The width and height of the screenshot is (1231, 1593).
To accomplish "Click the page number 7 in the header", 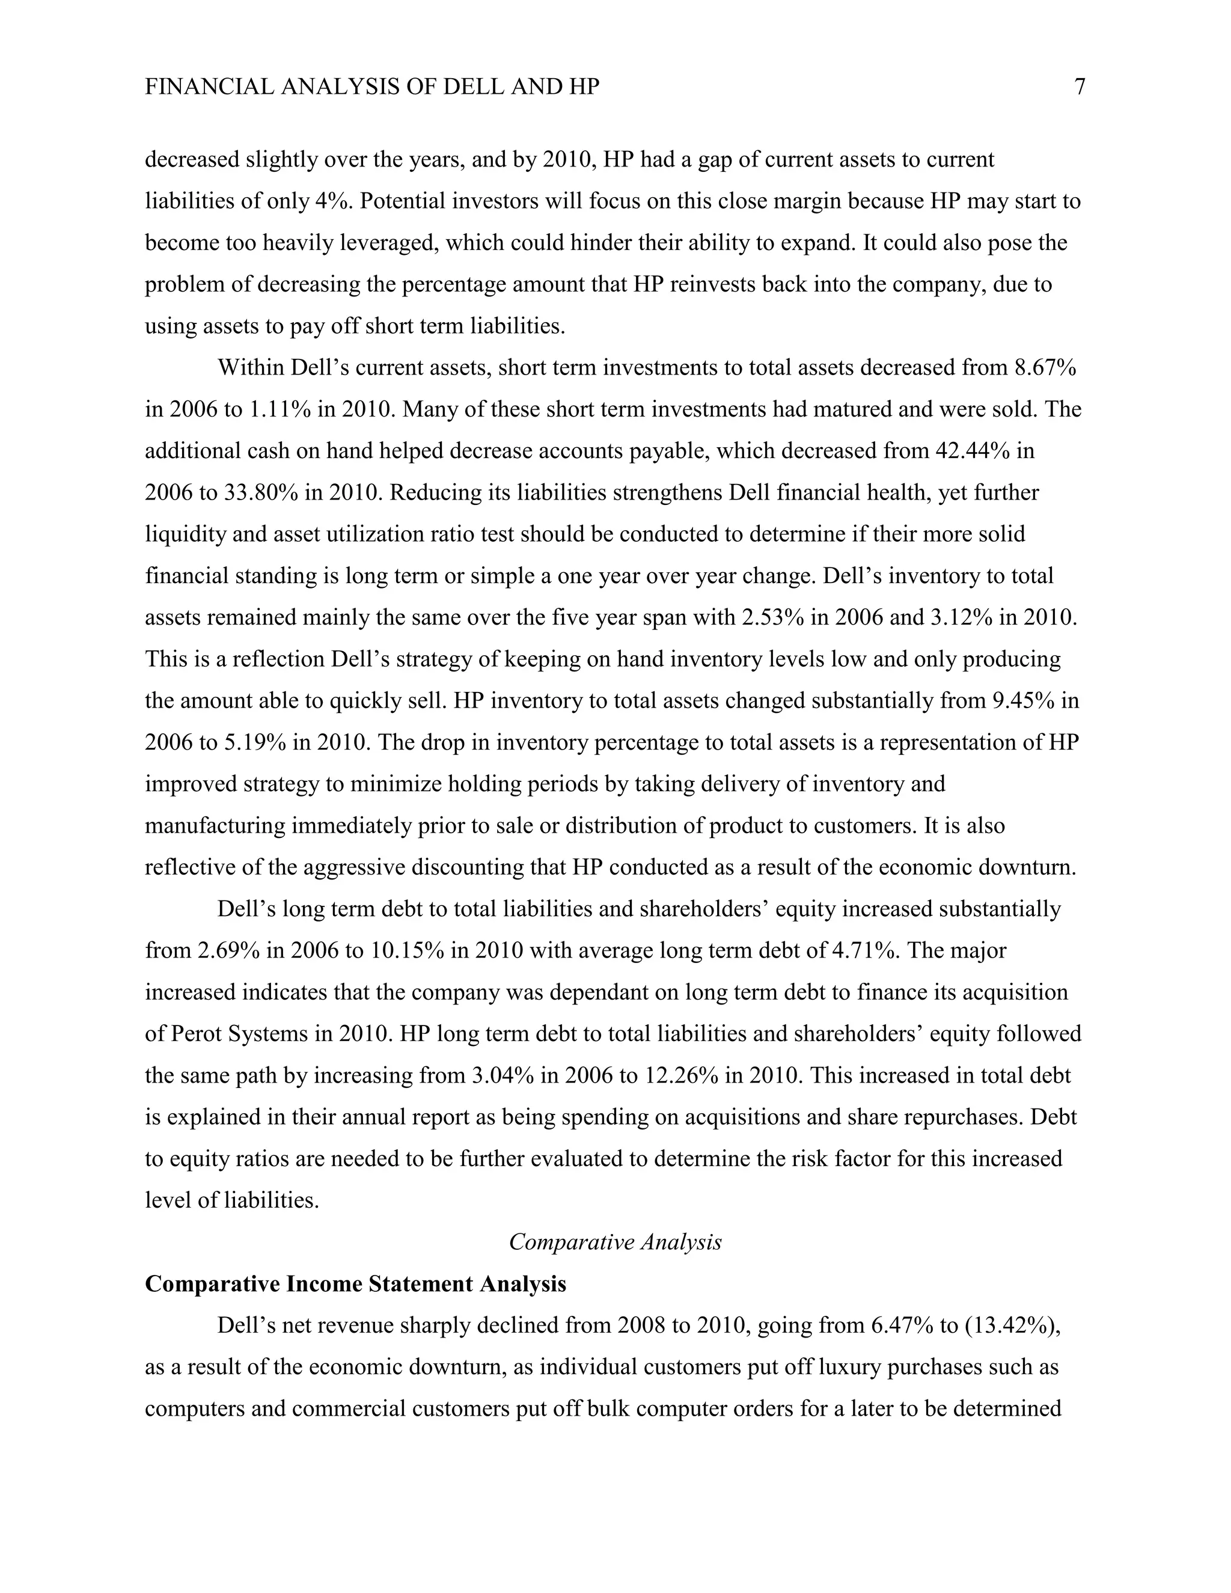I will tap(1080, 88).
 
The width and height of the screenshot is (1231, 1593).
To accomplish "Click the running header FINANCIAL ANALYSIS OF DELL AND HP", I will tap(372, 88).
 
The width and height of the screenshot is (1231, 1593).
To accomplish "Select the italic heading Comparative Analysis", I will tap(615, 1242).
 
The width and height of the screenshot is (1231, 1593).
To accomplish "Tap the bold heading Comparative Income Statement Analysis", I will tap(355, 1285).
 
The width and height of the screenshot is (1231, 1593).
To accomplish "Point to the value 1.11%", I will tap(281, 409).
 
